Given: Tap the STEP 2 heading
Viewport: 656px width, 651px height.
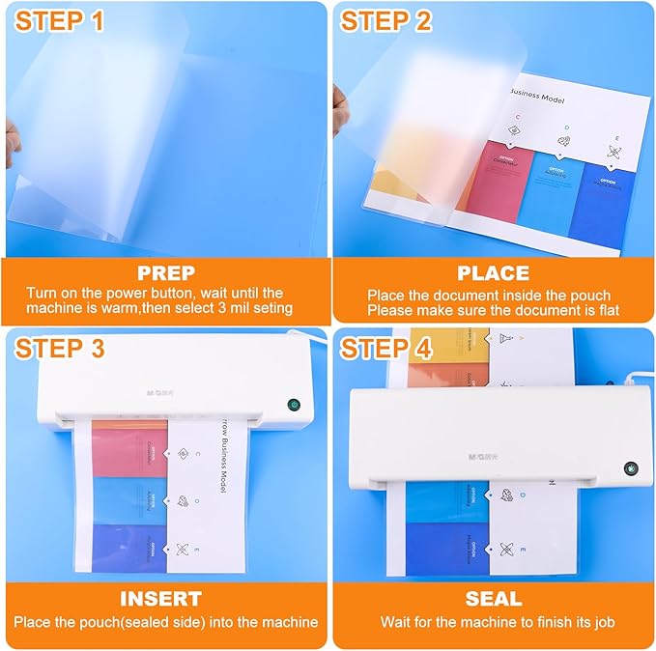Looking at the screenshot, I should (x=387, y=22).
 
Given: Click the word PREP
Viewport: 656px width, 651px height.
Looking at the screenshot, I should (x=165, y=273).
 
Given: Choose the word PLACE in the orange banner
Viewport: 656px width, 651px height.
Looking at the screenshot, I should (x=493, y=273).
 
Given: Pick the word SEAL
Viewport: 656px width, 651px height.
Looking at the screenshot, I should (x=493, y=599).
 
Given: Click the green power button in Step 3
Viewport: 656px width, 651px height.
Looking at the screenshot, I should (x=293, y=406).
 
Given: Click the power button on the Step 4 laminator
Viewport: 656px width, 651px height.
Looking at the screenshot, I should (x=630, y=467).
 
